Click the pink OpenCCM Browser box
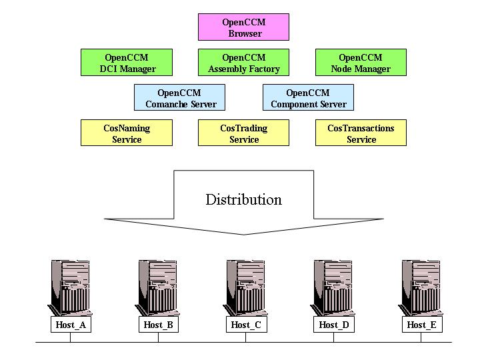243,27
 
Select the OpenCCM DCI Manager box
127,63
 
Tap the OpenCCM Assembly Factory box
243,63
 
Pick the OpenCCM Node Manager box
361,63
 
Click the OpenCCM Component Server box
308,98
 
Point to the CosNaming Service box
127,133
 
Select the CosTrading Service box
243,133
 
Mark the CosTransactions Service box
361,133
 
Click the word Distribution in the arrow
243,199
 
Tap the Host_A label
70,325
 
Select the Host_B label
158,325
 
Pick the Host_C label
246,325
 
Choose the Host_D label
333,325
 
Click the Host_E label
421,325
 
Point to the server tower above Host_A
70,287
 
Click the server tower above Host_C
246,287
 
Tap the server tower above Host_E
421,287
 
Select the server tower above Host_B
158,287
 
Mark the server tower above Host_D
333,287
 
